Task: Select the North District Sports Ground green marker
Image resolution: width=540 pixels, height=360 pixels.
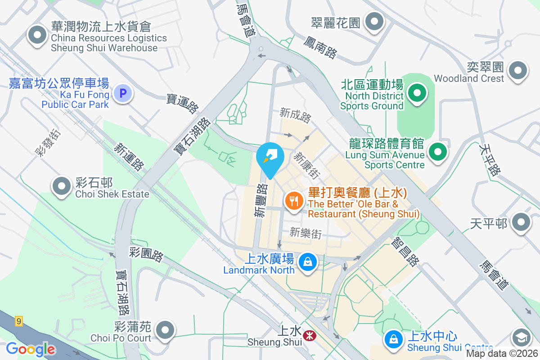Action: [417, 94]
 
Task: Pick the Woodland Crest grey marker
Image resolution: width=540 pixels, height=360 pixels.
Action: [517, 71]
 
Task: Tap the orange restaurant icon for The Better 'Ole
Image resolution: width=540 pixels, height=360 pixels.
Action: [295, 201]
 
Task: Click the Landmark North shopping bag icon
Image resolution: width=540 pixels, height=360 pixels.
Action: [308, 261]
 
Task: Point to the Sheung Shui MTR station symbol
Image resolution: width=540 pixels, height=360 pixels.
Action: [309, 335]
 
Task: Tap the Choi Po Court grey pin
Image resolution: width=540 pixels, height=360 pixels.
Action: [166, 330]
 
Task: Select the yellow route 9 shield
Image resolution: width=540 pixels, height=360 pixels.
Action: [18, 321]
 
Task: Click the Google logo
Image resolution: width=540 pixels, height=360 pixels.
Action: [31, 349]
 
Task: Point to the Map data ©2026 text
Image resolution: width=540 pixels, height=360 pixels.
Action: [501, 354]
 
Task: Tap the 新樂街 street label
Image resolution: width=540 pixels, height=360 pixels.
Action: [306, 233]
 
